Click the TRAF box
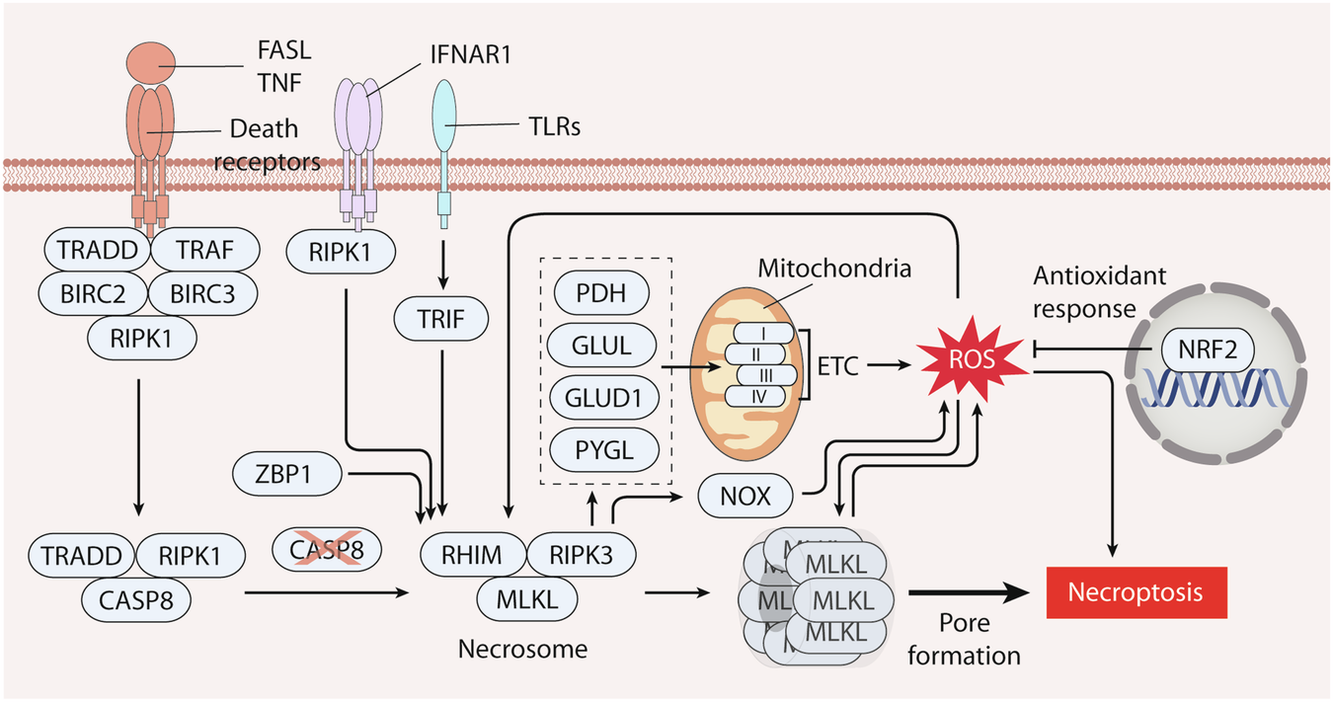[x=205, y=251]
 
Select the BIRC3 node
[x=203, y=291]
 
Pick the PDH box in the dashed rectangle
[x=601, y=294]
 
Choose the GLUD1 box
[x=601, y=398]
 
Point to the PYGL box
[x=601, y=450]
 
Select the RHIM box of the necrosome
[x=472, y=556]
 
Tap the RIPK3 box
[x=581, y=556]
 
